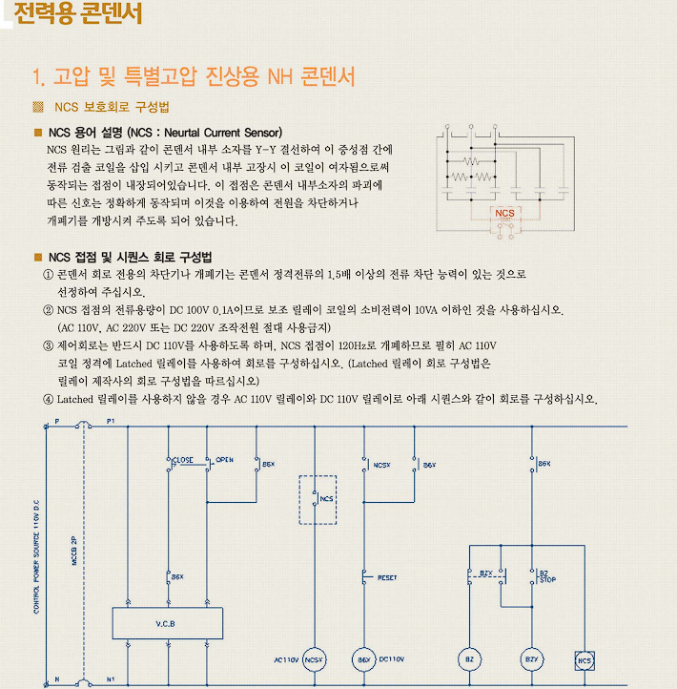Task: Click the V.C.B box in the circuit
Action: pyautogui.click(x=167, y=623)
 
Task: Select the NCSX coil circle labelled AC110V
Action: pyautogui.click(x=316, y=659)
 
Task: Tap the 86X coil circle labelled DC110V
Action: pyautogui.click(x=363, y=659)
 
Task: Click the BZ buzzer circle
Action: pyautogui.click(x=468, y=659)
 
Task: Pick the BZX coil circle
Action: pyautogui.click(x=531, y=659)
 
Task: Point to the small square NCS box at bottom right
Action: pyautogui.click(x=585, y=659)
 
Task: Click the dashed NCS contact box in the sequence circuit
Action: pyautogui.click(x=318, y=498)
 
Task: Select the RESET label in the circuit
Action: pyautogui.click(x=387, y=577)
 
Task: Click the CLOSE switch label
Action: pyautogui.click(x=182, y=460)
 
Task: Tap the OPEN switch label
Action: pyautogui.click(x=224, y=460)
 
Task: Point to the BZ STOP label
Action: pyautogui.click(x=547, y=576)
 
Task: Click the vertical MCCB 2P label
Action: pyautogui.click(x=74, y=551)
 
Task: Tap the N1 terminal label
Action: pyautogui.click(x=111, y=679)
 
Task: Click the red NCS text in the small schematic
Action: pyautogui.click(x=503, y=212)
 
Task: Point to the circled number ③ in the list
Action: pyautogui.click(x=49, y=345)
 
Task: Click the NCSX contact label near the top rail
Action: pyautogui.click(x=382, y=465)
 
